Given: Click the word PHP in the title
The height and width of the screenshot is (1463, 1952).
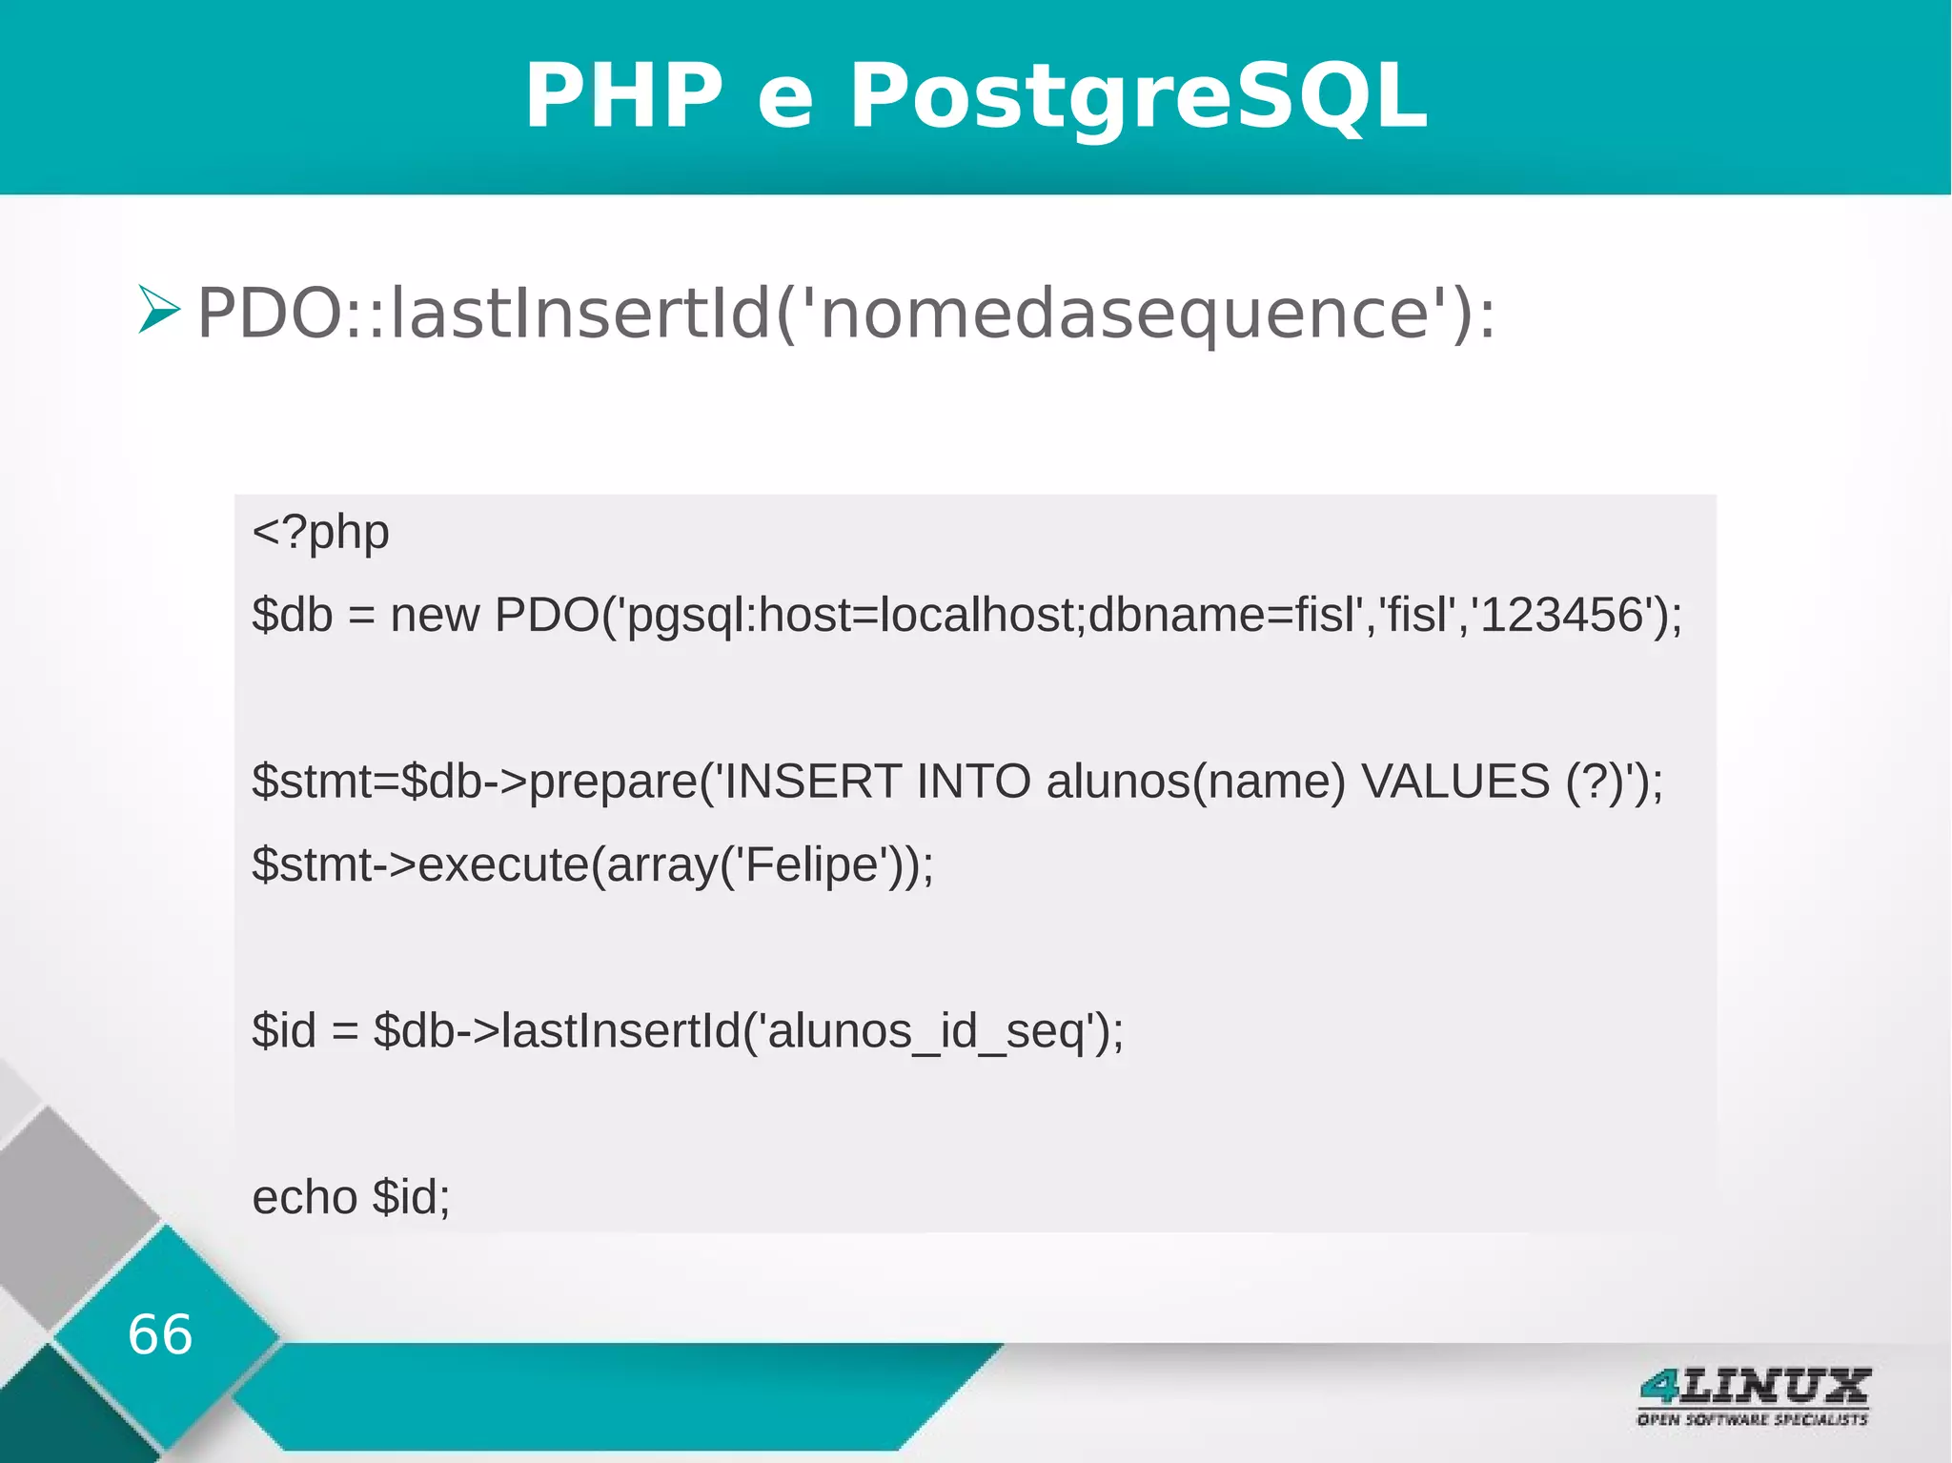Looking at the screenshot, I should coord(624,96).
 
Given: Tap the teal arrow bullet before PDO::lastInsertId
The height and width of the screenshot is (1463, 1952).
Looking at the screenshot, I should coord(158,310).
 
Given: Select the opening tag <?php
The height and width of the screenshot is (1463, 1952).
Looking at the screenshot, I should coord(320,533).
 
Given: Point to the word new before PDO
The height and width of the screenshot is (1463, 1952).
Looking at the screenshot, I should coord(434,616).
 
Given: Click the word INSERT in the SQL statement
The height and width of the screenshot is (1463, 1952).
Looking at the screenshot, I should coord(812,782).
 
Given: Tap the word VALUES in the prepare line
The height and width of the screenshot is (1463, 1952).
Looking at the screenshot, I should coord(1454,782).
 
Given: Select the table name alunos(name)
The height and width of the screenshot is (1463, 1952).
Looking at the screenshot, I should coord(1195,782).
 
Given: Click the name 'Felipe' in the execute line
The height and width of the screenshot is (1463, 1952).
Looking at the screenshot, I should coord(810,865).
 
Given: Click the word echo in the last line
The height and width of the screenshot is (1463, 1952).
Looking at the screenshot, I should coord(304,1198).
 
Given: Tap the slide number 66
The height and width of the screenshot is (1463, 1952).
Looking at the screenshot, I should coord(160,1334).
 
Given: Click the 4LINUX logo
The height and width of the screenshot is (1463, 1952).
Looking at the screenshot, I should coord(1754,1386).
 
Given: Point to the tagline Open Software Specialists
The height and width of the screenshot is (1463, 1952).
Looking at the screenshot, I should coord(1752,1420).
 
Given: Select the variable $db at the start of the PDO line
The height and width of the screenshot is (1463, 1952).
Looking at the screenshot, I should coord(292,616).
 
